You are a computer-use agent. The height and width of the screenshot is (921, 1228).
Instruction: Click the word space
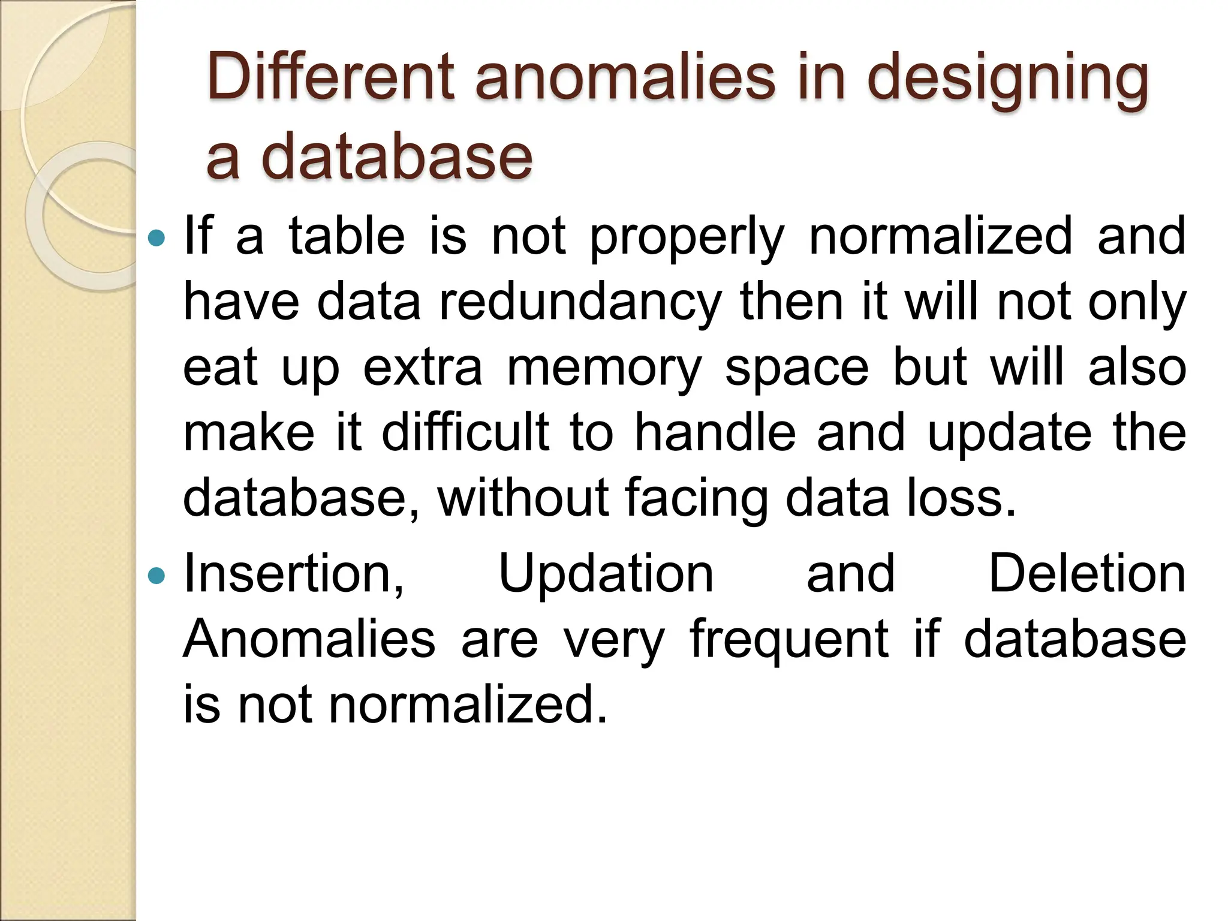[797, 369]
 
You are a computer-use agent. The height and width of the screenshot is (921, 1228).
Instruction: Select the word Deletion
[1087, 574]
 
